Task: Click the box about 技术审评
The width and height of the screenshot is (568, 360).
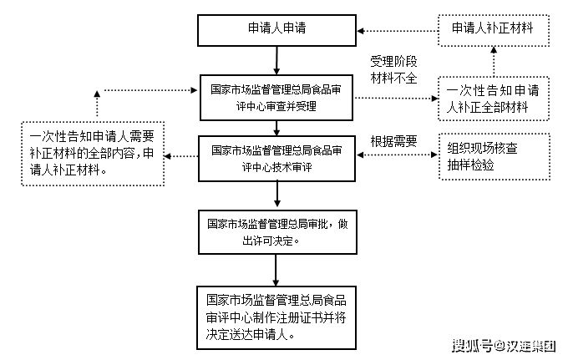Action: [276, 157]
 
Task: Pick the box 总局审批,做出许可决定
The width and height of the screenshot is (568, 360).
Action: [276, 232]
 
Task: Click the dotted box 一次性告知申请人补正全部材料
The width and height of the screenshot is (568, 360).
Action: [494, 99]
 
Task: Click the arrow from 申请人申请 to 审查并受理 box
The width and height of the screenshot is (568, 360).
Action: [276, 59]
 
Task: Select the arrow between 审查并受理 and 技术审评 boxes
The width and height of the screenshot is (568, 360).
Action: [276, 127]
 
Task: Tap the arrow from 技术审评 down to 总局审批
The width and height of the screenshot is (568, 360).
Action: [276, 195]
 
